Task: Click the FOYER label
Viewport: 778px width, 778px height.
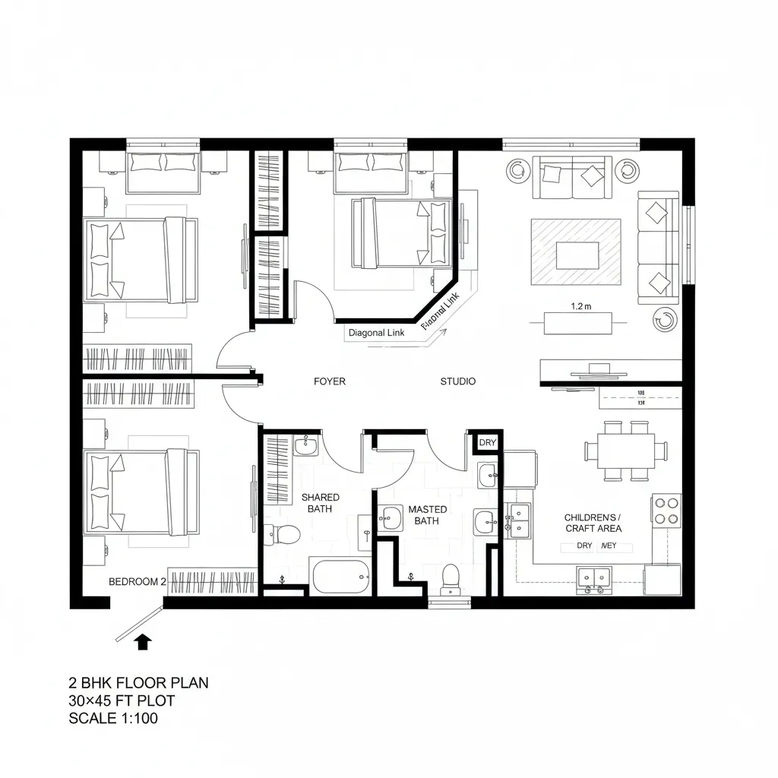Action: point(329,381)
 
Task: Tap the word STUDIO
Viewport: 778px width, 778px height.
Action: point(458,381)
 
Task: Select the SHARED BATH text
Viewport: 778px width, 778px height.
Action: point(321,503)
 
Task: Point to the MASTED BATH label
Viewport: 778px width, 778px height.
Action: point(428,515)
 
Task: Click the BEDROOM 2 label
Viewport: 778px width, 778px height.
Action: point(138,581)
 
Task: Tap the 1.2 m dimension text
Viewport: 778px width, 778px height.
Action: point(580,307)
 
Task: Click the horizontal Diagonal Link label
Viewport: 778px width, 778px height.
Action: point(376,332)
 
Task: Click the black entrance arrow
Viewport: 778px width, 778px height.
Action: point(142,643)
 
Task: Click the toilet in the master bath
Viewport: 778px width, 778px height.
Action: point(451,578)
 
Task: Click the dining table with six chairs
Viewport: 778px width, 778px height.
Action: point(627,451)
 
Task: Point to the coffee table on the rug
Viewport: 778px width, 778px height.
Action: point(577,255)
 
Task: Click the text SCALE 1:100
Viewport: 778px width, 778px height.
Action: point(114,718)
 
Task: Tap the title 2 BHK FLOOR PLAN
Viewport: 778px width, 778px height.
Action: point(138,683)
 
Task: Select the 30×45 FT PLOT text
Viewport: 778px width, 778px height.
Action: point(122,701)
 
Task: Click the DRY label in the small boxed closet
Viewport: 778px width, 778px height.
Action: point(487,443)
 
